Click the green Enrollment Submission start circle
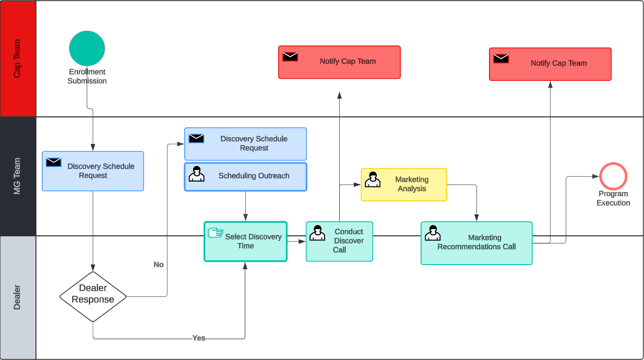pyautogui.click(x=87, y=49)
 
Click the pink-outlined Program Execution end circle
pyautogui.click(x=613, y=176)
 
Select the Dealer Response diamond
pyautogui.click(x=93, y=296)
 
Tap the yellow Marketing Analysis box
pyautogui.click(x=404, y=185)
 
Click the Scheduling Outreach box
pyautogui.click(x=245, y=177)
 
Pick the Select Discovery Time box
pyautogui.click(x=245, y=242)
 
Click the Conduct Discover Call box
pyautogui.click(x=339, y=241)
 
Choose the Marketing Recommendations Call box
pyautogui.click(x=476, y=243)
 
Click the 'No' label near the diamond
pyautogui.click(x=159, y=265)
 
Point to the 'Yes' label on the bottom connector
pyautogui.click(x=199, y=338)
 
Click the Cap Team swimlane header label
pyautogui.click(x=18, y=58)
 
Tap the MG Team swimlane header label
pyautogui.click(x=18, y=176)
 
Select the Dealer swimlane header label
pyautogui.click(x=18, y=297)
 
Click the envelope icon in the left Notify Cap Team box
pyautogui.click(x=290, y=56)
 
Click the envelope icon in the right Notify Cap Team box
pyautogui.click(x=501, y=58)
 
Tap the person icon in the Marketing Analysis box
pyautogui.click(x=372, y=179)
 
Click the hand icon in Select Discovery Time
pyautogui.click(x=215, y=233)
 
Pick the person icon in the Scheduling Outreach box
pyautogui.click(x=196, y=174)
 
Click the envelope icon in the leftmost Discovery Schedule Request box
pyautogui.click(x=54, y=162)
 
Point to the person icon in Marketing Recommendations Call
pyautogui.click(x=432, y=233)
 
